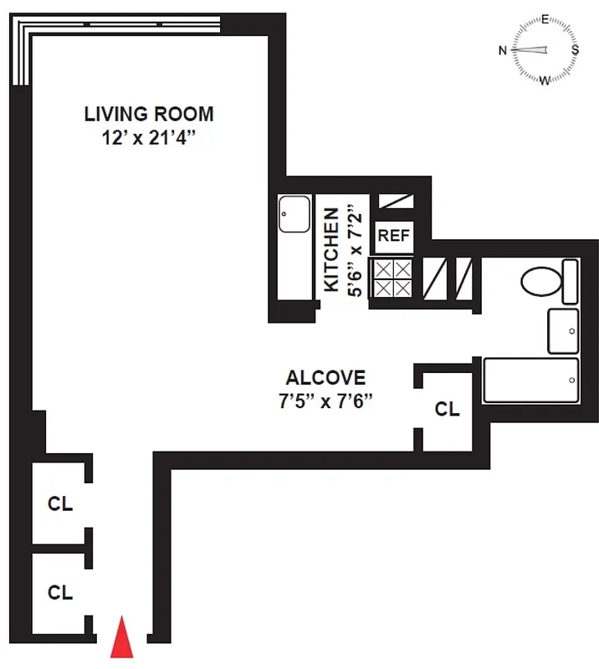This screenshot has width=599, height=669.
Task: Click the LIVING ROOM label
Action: (148, 114)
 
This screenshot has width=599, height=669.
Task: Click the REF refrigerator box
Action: (393, 236)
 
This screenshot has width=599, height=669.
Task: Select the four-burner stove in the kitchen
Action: (393, 278)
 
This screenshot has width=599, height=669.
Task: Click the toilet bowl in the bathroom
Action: (540, 283)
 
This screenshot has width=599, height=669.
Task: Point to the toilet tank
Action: (570, 282)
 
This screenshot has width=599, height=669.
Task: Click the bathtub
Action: (531, 380)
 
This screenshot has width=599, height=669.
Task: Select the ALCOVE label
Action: (325, 378)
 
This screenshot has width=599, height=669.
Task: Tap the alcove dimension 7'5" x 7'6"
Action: (325, 400)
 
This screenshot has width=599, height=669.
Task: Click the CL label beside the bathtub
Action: (448, 410)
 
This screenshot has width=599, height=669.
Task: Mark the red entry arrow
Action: (122, 637)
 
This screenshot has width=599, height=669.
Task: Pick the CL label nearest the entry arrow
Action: (59, 593)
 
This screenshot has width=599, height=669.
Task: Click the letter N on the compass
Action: (503, 50)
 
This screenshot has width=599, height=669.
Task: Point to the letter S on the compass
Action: (575, 49)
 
